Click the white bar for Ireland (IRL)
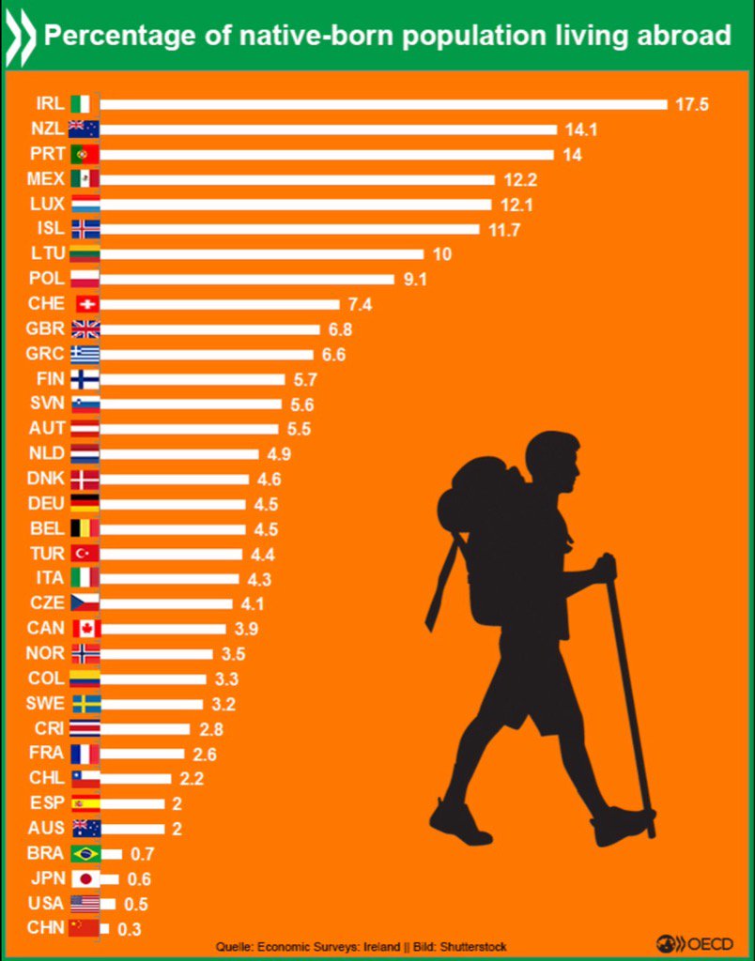click(x=383, y=104)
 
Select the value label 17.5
click(x=690, y=104)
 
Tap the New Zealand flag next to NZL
click(x=85, y=130)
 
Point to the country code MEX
click(x=48, y=178)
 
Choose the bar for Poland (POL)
click(x=246, y=279)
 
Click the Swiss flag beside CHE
click(x=85, y=304)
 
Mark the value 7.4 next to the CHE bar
click(x=361, y=304)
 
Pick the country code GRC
click(x=48, y=354)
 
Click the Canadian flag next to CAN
click(x=85, y=628)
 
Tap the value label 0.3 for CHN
click(x=125, y=928)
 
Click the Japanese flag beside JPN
click(x=85, y=878)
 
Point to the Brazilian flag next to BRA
click(x=85, y=854)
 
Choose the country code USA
click(x=48, y=903)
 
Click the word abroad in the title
click(x=684, y=36)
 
